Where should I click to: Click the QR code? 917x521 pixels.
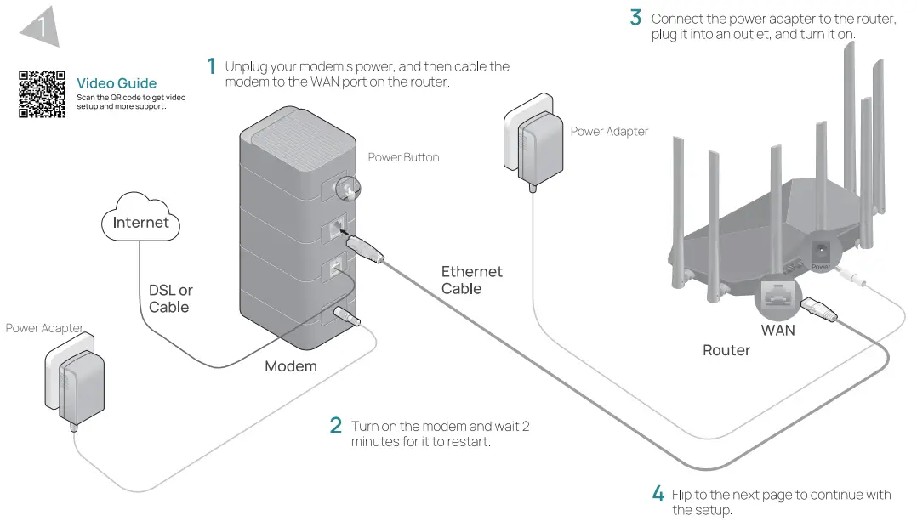[x=42, y=94]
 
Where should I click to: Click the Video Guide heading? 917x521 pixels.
[x=117, y=83]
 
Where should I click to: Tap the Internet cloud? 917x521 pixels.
[x=141, y=223]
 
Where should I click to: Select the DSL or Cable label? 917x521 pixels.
[x=170, y=298]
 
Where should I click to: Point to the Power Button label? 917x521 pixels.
[x=403, y=157]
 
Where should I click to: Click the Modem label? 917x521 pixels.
[x=290, y=366]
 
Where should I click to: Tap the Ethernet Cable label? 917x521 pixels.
[x=471, y=280]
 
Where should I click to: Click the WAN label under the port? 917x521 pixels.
[x=777, y=329]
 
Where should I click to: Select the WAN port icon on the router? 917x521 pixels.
[x=777, y=295]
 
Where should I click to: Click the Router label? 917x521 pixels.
[x=726, y=350]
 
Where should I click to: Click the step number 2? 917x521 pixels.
[x=336, y=426]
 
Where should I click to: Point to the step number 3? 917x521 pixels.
[x=635, y=17]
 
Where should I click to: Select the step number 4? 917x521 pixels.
[x=658, y=494]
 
